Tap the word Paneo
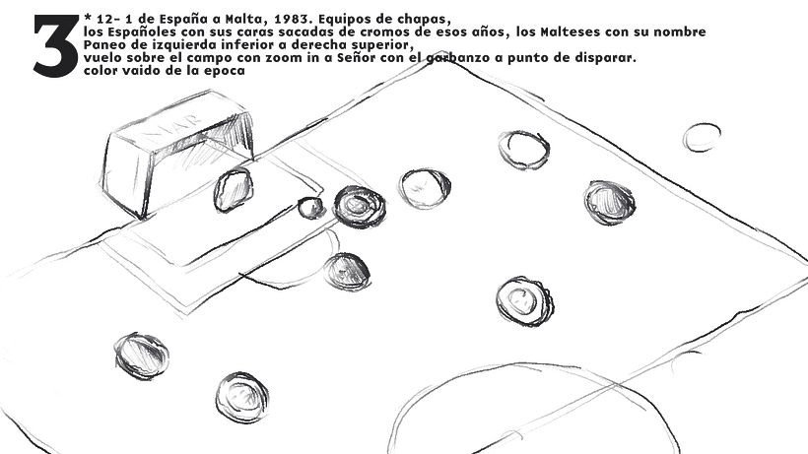point(105,45)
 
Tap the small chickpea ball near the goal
point(311,208)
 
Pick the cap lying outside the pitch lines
point(703,137)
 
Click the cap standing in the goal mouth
point(234,189)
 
